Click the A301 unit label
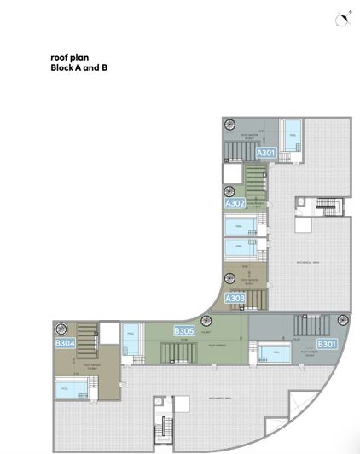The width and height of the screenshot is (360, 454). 267,153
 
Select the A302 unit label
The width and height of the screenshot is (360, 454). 235,204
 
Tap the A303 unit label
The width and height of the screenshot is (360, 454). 235,299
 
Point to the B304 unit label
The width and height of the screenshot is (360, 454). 65,343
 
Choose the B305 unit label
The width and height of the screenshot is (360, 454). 184,331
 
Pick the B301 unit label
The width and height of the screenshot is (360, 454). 328,344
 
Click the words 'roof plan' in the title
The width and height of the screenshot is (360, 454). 70,58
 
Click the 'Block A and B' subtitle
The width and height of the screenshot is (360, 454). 79,68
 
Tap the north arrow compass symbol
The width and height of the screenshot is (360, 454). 343,19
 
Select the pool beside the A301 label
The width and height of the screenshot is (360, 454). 292,136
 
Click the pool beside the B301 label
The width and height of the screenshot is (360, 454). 274,354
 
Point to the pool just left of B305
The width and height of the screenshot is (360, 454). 131,339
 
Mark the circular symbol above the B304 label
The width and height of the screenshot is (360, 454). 61,329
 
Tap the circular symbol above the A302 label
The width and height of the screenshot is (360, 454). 229,192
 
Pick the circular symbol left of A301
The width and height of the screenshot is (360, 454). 229,125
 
